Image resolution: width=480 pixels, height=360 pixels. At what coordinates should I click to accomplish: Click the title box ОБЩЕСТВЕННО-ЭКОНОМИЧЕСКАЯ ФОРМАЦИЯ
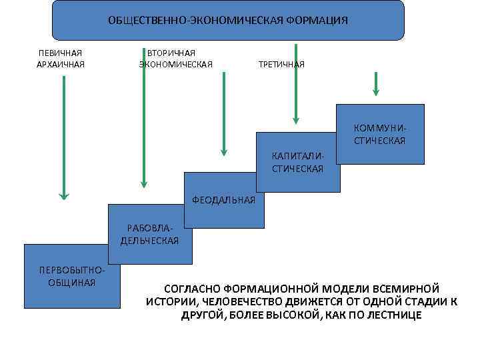[x=228, y=20]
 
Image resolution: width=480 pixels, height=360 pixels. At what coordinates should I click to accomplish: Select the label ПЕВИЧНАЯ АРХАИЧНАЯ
[x=61, y=59]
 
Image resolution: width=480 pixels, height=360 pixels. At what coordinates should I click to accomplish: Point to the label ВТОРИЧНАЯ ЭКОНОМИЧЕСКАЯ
[x=175, y=59]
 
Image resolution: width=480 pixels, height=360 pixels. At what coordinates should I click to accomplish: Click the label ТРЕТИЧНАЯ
[x=281, y=65]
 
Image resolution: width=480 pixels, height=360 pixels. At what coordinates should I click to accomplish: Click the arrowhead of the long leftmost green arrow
[x=63, y=195]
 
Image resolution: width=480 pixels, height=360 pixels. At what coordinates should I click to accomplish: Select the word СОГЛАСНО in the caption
[x=189, y=289]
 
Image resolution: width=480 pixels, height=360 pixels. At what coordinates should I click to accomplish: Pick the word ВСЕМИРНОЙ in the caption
[x=407, y=289]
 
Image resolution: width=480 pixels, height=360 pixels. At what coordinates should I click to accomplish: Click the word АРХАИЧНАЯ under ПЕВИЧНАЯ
[x=61, y=65]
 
